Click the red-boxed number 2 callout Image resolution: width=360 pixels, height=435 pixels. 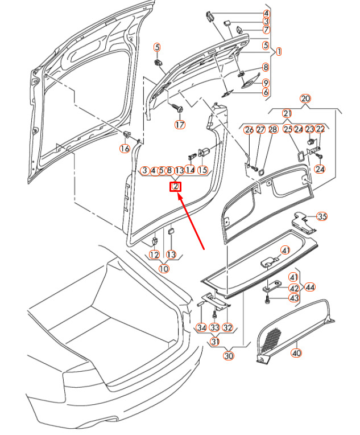click(176, 187)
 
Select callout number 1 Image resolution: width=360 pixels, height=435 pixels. click(279, 51)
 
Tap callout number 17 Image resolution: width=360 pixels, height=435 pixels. click(180, 125)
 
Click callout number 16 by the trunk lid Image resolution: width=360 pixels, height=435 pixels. click(124, 149)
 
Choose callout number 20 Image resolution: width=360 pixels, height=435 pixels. click(305, 99)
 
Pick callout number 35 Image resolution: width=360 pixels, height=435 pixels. click(322, 216)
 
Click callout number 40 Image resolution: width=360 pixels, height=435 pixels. click(296, 353)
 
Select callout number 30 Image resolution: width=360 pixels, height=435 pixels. click(229, 356)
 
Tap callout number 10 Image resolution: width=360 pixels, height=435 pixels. click(164, 269)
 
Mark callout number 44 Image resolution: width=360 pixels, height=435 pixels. click(310, 287)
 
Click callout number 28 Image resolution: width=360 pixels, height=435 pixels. click(272, 130)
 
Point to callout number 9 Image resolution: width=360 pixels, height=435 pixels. click(266, 83)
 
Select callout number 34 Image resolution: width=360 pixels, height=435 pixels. click(201, 327)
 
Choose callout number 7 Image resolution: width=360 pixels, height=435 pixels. click(266, 29)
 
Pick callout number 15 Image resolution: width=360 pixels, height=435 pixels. click(202, 170)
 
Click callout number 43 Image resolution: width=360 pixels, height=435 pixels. click(294, 298)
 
